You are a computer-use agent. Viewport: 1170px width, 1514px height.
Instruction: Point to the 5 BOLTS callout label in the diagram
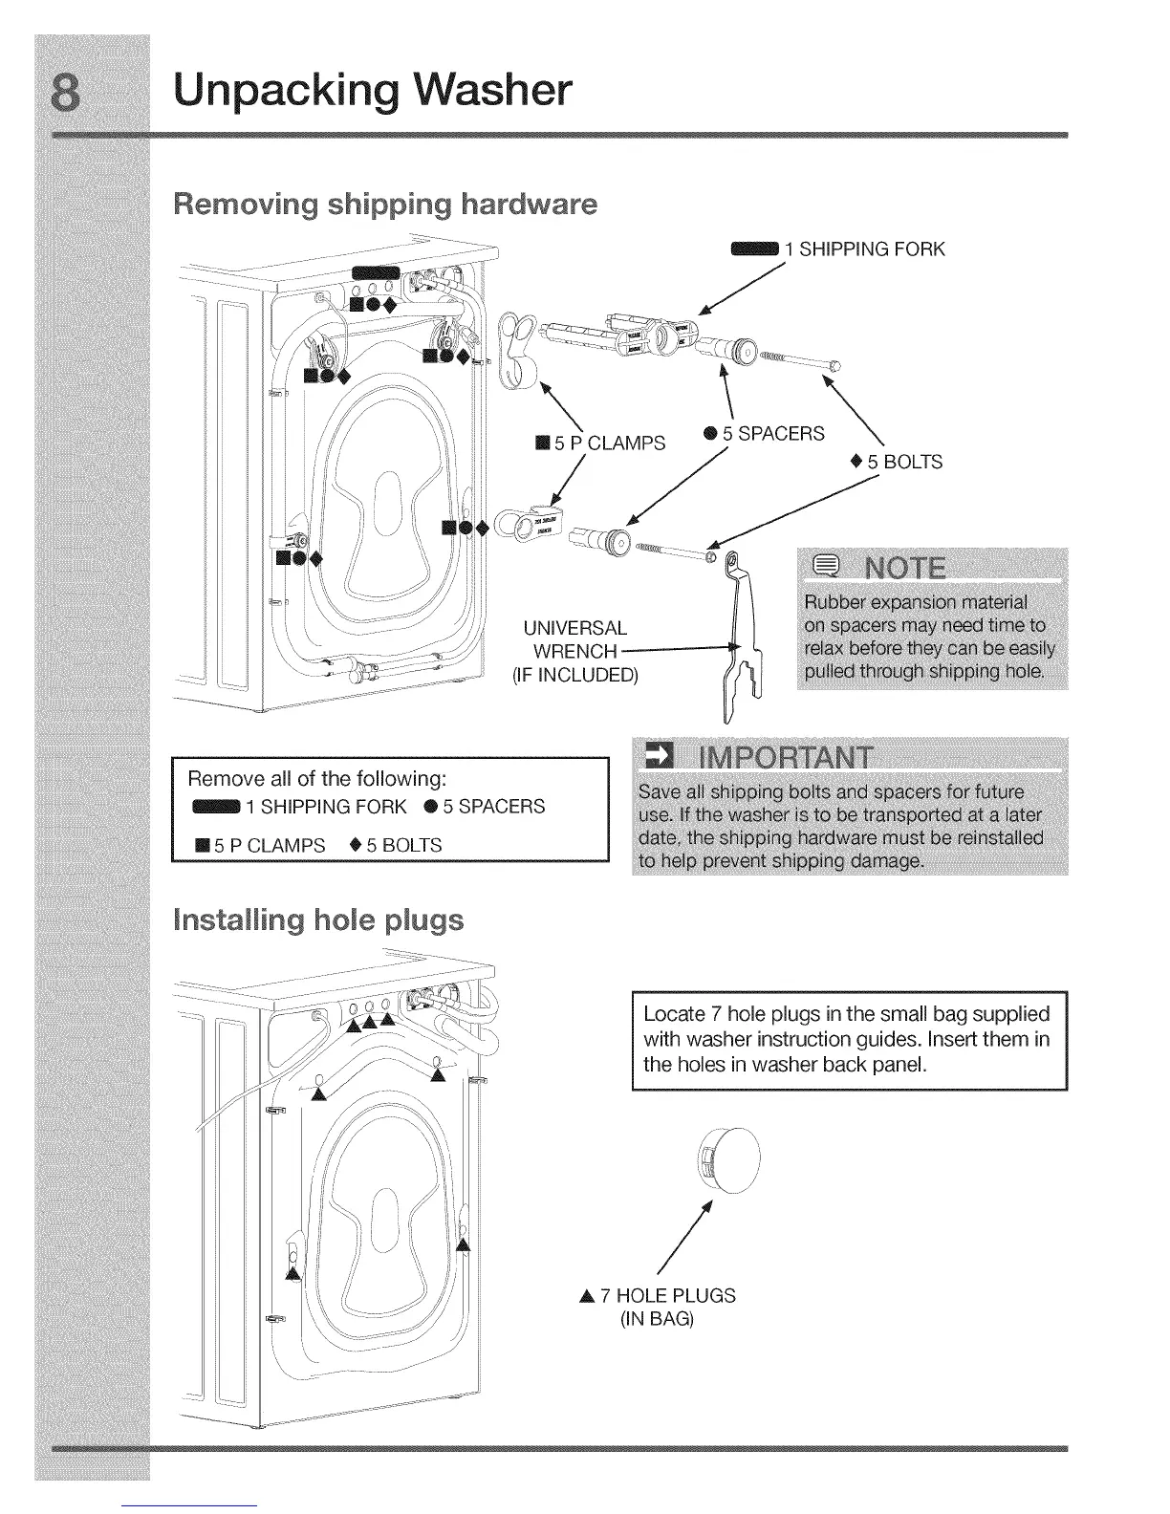pyautogui.click(x=903, y=463)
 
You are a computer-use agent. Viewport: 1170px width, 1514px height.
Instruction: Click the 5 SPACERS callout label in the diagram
pyautogui.click(x=772, y=434)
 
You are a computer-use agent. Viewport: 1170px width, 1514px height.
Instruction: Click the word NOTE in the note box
pyautogui.click(x=903, y=570)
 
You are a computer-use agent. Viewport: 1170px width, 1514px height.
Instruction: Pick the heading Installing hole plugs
pyautogui.click(x=318, y=920)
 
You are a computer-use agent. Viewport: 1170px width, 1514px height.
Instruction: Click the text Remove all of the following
pyautogui.click(x=317, y=776)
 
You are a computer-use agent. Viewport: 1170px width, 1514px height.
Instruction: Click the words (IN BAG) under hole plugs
pyautogui.click(x=657, y=1320)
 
